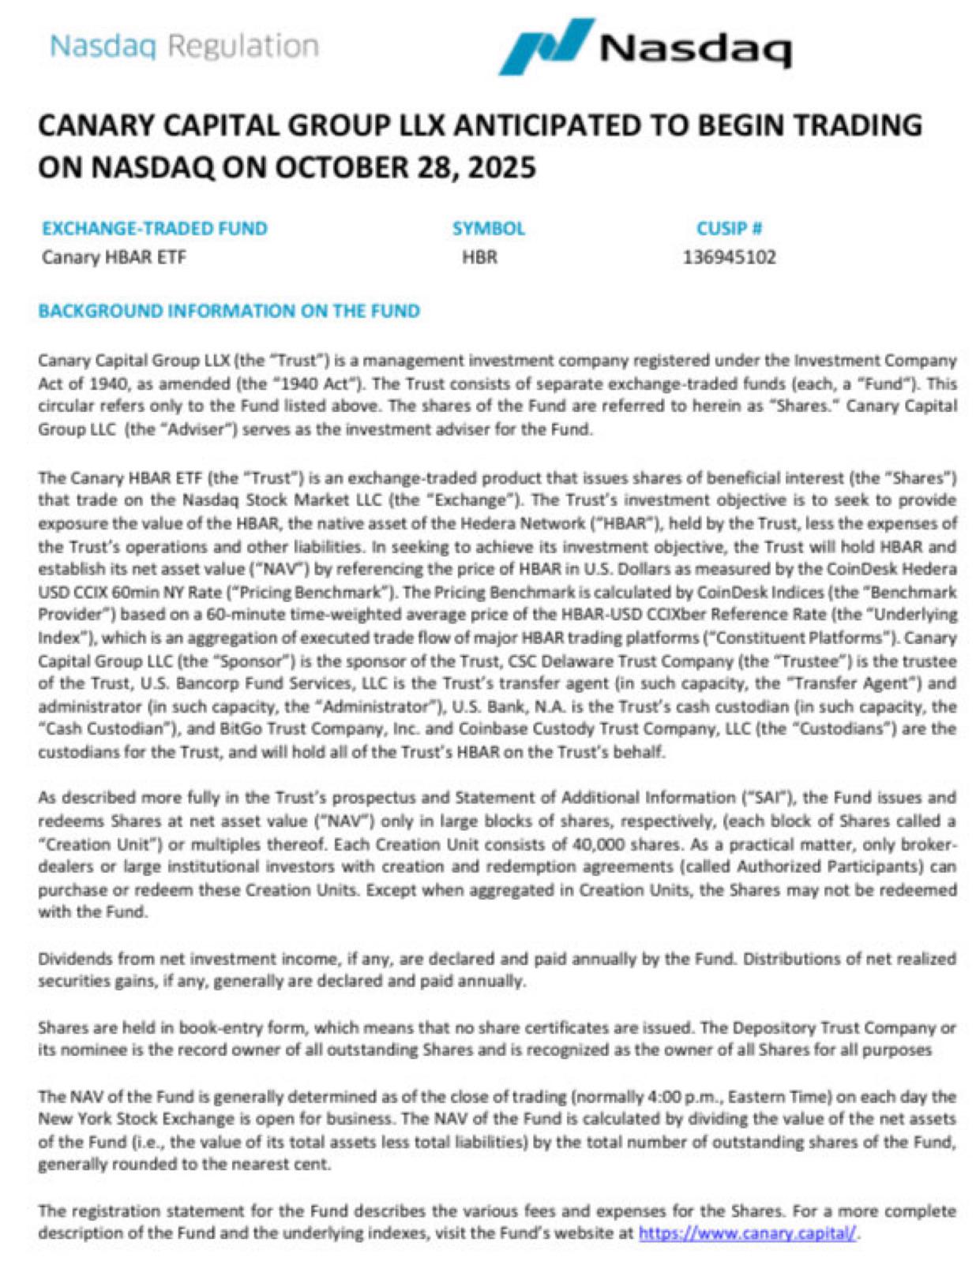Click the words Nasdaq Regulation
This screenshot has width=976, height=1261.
pos(184,46)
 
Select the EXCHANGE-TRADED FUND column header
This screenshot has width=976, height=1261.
pos(155,229)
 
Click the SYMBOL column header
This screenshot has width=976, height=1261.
pos(488,229)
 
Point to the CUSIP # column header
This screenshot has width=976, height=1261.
pos(728,229)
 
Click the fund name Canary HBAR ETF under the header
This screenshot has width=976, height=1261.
pos(114,257)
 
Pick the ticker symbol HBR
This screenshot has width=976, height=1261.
pos(480,257)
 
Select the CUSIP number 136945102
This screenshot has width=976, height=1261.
pos(729,257)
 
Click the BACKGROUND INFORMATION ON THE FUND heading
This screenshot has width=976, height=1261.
pos(229,311)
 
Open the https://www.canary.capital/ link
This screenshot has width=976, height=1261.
pos(747,1233)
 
